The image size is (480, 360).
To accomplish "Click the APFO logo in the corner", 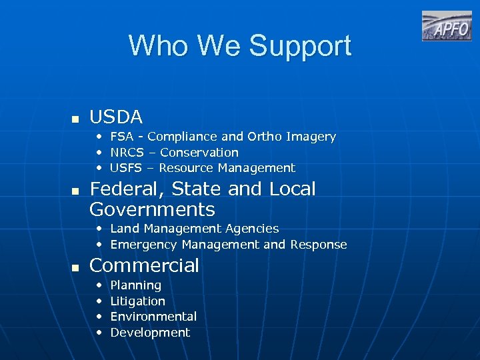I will [446, 27].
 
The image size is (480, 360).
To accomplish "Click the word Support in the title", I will [300, 46].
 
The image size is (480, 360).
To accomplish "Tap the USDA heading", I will [116, 117].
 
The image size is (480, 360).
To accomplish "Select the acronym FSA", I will [122, 137].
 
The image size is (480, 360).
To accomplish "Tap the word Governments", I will [152, 209].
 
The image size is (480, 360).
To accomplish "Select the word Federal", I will [126, 189].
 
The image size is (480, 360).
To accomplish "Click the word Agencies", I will [252, 229].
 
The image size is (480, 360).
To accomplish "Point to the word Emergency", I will [143, 245].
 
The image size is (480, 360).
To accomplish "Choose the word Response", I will [318, 245].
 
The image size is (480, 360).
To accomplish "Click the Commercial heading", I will [144, 265].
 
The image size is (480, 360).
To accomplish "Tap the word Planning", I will [135, 285].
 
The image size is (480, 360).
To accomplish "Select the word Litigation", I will [137, 301].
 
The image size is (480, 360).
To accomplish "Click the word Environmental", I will [153, 317].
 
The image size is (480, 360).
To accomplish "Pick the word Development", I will [150, 333].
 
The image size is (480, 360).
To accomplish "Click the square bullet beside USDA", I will [75, 119].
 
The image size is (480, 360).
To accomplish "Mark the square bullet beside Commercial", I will [75, 267].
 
